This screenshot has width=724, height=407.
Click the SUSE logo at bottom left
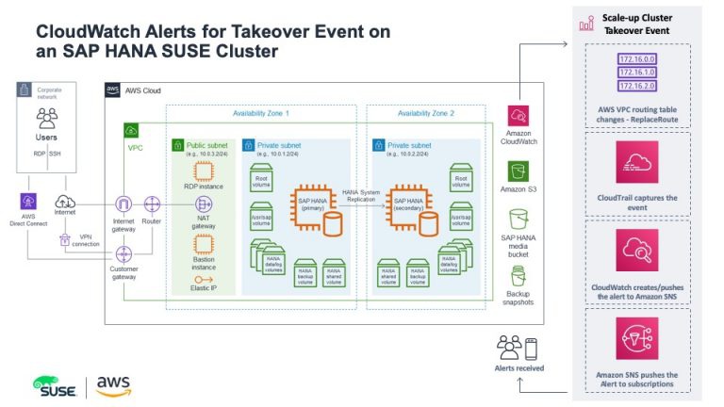58,386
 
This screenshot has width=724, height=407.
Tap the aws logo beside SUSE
113,385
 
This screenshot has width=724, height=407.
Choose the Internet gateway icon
124,203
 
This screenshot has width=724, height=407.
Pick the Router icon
152,203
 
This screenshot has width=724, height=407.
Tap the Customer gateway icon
124,254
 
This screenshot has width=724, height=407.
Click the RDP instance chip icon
204,171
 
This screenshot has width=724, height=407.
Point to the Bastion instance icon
204,244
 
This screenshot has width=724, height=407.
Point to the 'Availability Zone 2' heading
426,113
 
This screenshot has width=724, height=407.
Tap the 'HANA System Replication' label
361,196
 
